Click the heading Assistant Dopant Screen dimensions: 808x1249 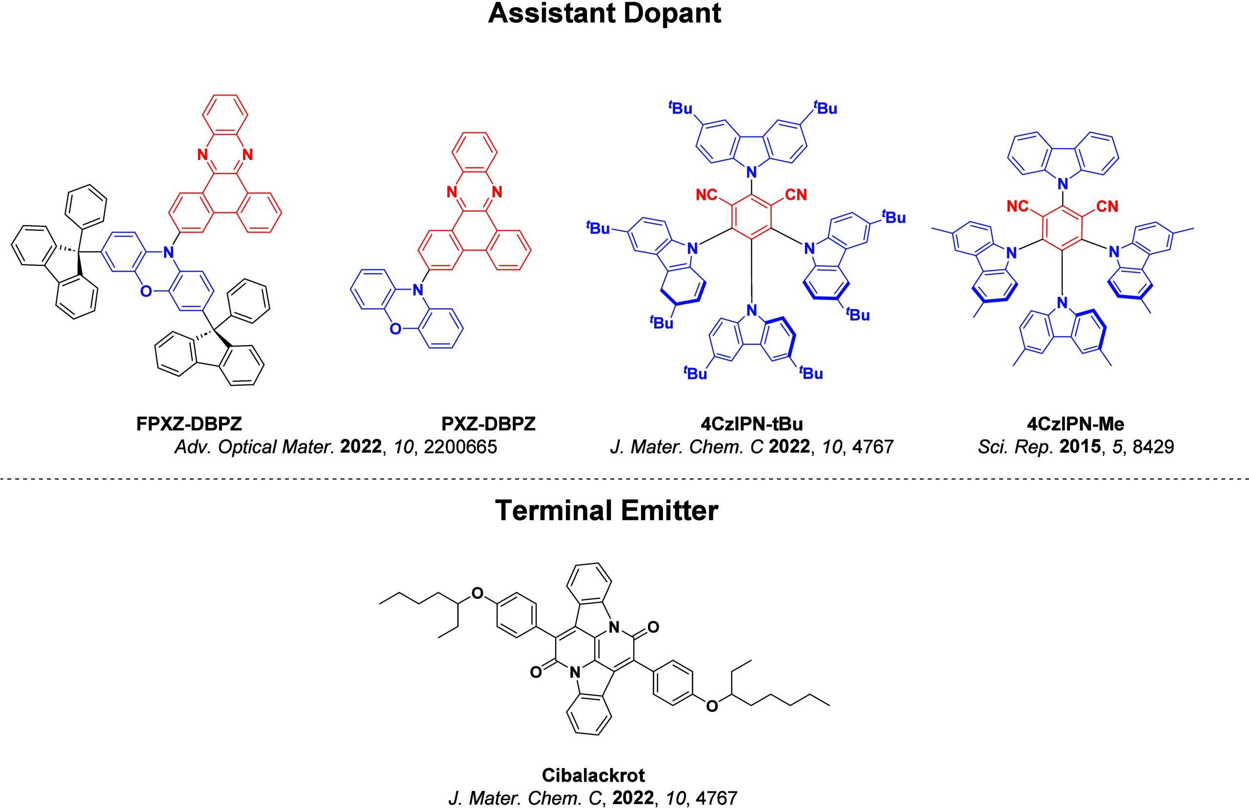coord(604,14)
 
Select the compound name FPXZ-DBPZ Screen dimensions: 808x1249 coord(189,424)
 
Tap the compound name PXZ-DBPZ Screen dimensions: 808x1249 coord(488,424)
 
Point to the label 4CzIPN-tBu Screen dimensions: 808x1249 coord(751,424)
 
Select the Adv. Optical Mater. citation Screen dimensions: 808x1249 coord(336,447)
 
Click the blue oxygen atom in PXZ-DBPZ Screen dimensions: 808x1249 coord(395,329)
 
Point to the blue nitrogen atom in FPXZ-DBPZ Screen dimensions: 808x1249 coord(168,253)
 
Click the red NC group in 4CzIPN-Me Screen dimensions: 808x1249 coord(1017,206)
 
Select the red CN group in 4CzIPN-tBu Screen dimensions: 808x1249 coord(796,195)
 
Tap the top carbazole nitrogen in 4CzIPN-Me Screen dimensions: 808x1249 coord(1063,184)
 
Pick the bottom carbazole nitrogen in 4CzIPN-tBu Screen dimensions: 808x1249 coord(752,310)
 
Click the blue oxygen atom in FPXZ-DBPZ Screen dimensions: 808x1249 coord(146,291)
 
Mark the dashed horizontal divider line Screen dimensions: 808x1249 coord(624,479)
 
